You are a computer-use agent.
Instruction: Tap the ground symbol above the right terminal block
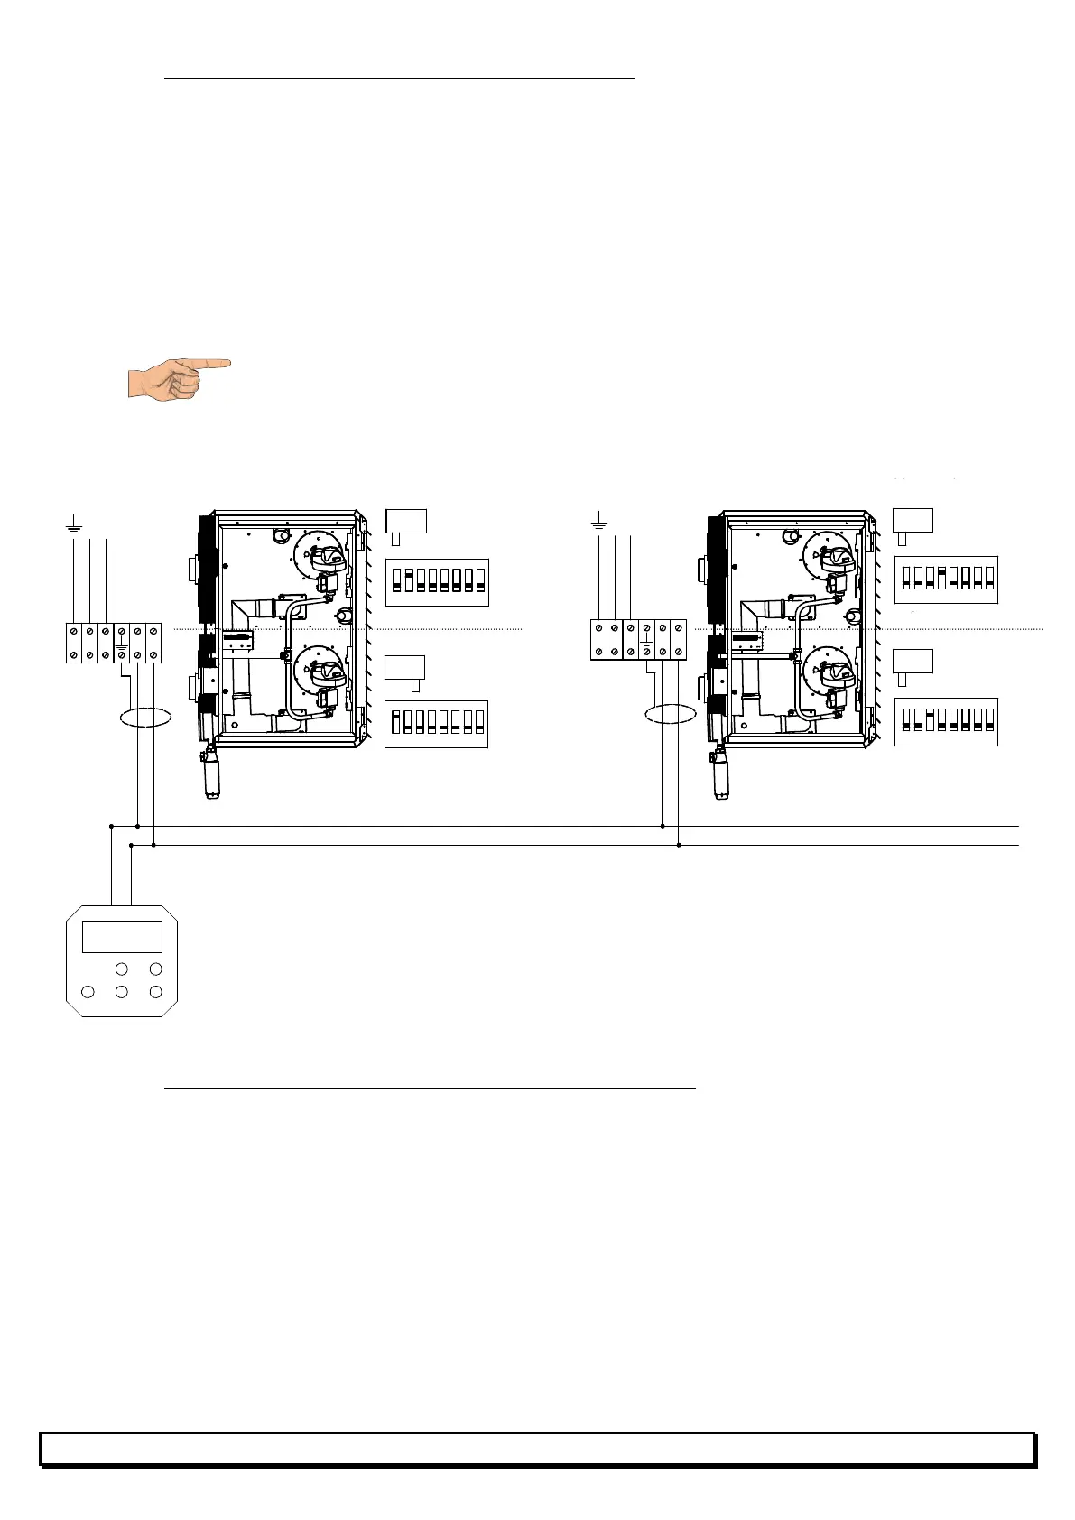[598, 521]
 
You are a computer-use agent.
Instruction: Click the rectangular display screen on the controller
[122, 936]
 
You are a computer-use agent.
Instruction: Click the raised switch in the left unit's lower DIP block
[396, 719]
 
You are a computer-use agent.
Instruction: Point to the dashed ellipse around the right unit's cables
[671, 713]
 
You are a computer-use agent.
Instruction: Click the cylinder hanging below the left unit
[214, 773]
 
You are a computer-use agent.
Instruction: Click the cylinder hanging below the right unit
[722, 773]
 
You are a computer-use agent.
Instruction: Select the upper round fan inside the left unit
[318, 560]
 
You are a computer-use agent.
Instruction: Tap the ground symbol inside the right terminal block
[646, 647]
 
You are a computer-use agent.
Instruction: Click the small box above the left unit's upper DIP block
[405, 521]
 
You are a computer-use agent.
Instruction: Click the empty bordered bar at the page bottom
[537, 1448]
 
